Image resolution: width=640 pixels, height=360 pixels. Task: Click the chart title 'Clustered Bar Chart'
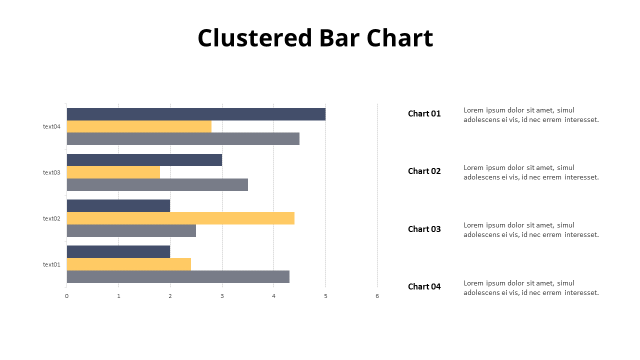(315, 38)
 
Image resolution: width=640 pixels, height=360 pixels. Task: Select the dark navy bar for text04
(196, 114)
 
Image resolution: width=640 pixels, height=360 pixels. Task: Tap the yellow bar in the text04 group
(139, 126)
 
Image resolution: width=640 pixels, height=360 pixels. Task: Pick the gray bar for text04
(183, 138)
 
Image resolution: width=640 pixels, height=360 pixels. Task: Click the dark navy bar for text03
(144, 160)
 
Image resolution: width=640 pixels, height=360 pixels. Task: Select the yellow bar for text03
(113, 172)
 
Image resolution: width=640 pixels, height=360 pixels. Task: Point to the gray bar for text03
(157, 184)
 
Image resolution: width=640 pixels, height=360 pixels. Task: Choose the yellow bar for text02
(180, 218)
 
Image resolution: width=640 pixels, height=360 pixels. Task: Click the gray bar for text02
(131, 230)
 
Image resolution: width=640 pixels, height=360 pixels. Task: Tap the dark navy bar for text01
(118, 251)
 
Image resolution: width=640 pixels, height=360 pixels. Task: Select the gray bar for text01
(178, 276)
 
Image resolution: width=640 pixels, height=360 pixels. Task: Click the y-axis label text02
(51, 218)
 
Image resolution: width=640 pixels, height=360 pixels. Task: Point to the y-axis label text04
(51, 126)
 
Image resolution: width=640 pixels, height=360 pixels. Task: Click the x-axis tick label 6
(377, 296)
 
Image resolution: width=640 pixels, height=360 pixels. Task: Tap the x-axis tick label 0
(66, 296)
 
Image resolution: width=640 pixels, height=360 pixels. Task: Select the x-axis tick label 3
(222, 296)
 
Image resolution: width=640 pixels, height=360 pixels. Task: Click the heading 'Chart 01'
(424, 113)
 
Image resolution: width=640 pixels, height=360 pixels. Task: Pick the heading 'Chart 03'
(424, 229)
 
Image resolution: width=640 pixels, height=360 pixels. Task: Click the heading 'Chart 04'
(424, 286)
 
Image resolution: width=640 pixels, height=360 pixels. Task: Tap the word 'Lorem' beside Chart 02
(473, 167)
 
